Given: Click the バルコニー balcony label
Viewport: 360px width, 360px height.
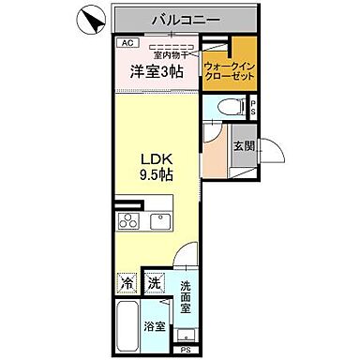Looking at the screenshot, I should pyautogui.click(x=183, y=19).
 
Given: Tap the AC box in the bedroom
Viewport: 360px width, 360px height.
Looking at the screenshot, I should pyautogui.click(x=126, y=42).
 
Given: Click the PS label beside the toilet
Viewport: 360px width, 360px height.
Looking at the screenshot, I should pyautogui.click(x=253, y=109).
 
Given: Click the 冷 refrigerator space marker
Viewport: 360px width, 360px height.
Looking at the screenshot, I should pyautogui.click(x=127, y=281).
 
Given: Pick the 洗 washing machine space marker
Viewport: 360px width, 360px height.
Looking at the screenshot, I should pyautogui.click(x=153, y=281).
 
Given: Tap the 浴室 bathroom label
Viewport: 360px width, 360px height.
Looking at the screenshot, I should pyautogui.click(x=154, y=328).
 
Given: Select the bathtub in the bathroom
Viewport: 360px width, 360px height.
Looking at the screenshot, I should pyautogui.click(x=128, y=327).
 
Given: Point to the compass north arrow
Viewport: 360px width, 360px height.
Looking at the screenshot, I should pyautogui.click(x=91, y=18).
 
